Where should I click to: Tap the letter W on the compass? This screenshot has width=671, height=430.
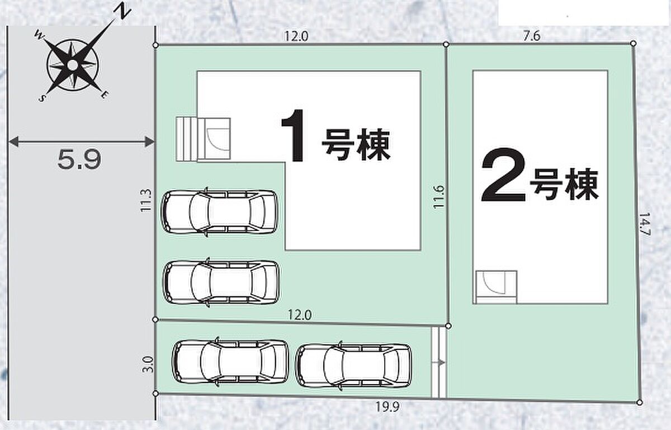coord(40,36)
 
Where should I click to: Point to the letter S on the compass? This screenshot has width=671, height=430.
coord(42,98)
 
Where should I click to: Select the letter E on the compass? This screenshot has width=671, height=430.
coord(105,95)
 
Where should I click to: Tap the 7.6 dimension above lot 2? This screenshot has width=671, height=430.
coord(532,36)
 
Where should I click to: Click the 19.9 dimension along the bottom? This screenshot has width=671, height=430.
coord(388,407)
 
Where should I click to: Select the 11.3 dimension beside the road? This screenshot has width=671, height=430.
coord(146,201)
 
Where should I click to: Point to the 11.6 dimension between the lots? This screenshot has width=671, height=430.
coord(439,197)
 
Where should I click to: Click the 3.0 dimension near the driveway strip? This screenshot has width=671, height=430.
coord(148,364)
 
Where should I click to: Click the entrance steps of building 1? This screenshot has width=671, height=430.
coord(186,139)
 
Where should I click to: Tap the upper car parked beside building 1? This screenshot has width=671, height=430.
coord(220,211)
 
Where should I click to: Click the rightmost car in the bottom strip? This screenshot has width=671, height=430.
coord(353,366)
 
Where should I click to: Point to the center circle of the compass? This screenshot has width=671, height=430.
coord(72,65)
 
